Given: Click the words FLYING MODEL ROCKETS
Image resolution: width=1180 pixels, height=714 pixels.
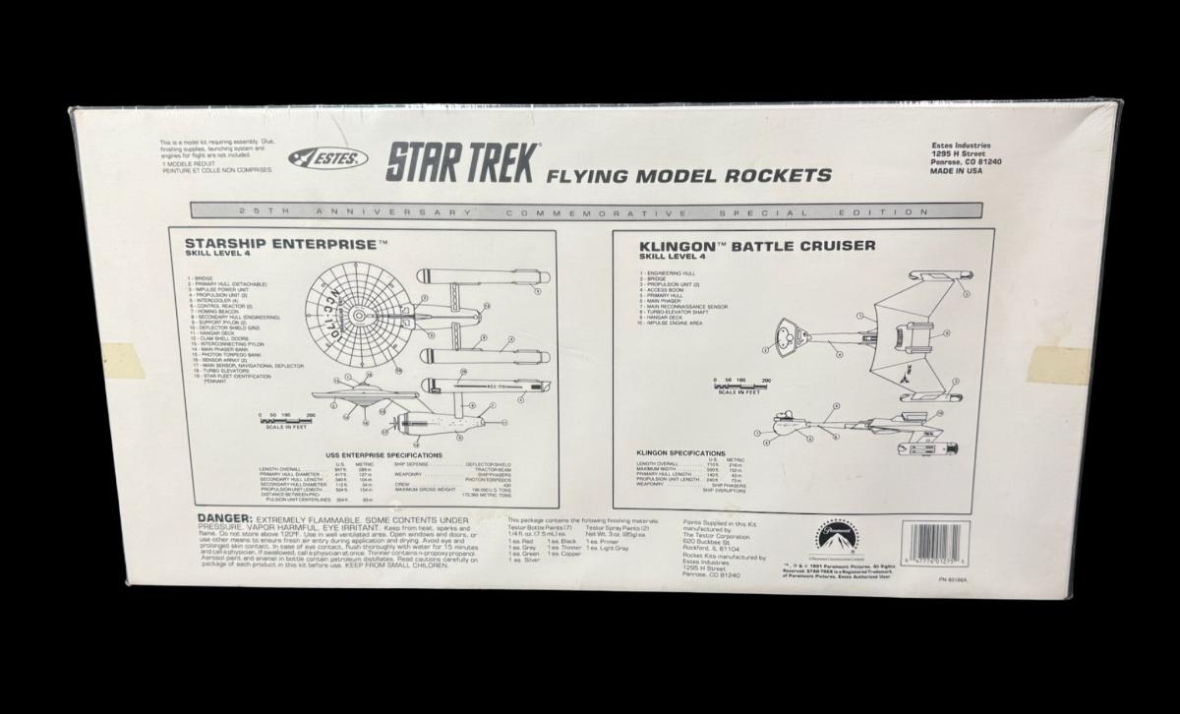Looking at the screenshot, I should [689, 177].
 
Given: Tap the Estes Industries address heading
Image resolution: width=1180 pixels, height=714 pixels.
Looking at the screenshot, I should [963, 145].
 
